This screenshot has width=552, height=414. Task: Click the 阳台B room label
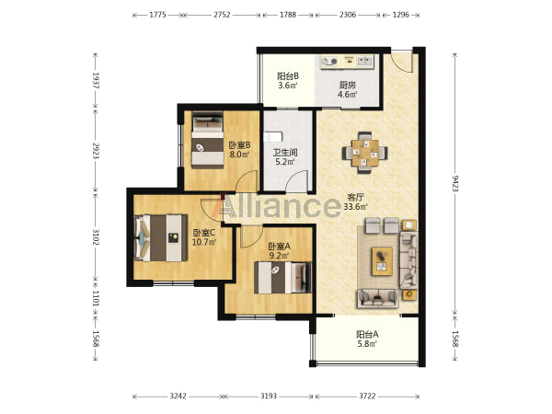pyautogui.click(x=288, y=76)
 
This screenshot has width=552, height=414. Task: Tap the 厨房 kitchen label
pyautogui.click(x=348, y=85)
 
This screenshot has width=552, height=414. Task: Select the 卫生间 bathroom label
pyautogui.click(x=285, y=153)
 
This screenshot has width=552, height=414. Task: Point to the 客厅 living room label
pyautogui.click(x=355, y=197)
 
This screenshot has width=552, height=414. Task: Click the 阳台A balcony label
pyautogui.click(x=367, y=334)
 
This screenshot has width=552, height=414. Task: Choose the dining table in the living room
pyautogui.click(x=365, y=153)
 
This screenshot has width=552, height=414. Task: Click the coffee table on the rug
pyautogui.click(x=383, y=261)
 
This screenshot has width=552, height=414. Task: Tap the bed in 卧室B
pyautogui.click(x=208, y=140)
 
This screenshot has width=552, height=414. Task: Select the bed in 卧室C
pyautogui.click(x=160, y=238)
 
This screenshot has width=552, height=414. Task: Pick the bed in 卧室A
pyautogui.click(x=283, y=278)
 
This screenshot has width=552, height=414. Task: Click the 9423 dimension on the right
pyautogui.click(x=455, y=183)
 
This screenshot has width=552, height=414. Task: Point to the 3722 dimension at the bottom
pyautogui.click(x=367, y=397)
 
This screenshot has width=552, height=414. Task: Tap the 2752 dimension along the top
pyautogui.click(x=222, y=15)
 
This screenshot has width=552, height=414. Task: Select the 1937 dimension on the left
pyautogui.click(x=96, y=81)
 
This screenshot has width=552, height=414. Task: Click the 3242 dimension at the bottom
pyautogui.click(x=178, y=397)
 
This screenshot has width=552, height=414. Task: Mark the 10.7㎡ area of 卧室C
pyautogui.click(x=204, y=242)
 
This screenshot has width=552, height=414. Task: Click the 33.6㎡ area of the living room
pyautogui.click(x=355, y=207)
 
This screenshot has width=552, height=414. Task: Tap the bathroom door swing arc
pyautogui.click(x=296, y=180)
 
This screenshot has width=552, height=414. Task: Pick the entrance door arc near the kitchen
pyautogui.click(x=401, y=62)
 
